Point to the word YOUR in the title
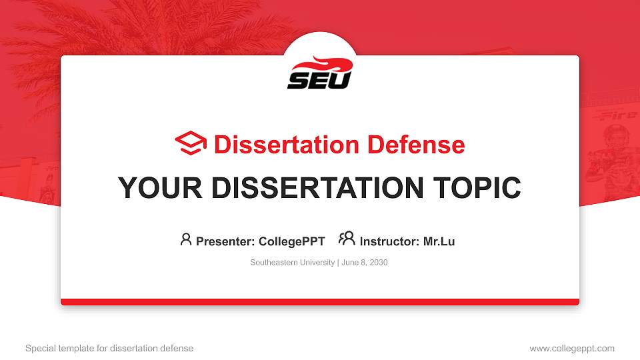[154, 188]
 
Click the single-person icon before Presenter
[186, 239]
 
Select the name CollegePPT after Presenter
[291, 241]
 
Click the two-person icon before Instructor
[347, 239]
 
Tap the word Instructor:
[389, 241]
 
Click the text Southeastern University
[293, 263]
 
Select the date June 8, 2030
[365, 263]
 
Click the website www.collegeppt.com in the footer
[571, 348]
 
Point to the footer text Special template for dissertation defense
[109, 348]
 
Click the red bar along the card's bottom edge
[320, 302]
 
